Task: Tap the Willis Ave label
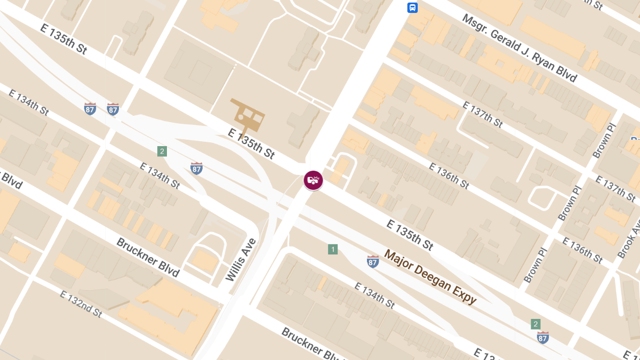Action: point(241,260)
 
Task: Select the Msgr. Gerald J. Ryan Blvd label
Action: point(519,49)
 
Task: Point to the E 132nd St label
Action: point(81,304)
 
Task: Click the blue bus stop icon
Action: point(412,7)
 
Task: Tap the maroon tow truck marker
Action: point(313,180)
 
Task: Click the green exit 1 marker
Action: point(333,249)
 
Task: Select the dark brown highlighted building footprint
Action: point(247,114)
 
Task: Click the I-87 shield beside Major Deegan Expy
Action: point(373,261)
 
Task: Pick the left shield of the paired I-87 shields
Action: point(90,109)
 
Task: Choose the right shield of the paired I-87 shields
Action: point(113,109)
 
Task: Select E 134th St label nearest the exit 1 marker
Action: point(375,295)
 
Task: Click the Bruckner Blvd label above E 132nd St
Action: point(147,258)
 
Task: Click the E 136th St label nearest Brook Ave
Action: point(582,250)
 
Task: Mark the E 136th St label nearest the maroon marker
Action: point(449,175)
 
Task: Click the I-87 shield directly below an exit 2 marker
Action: point(542,337)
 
